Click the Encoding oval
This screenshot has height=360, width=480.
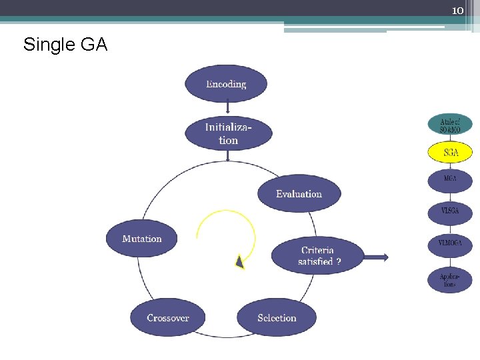[226, 84]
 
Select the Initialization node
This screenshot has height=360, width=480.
[228, 133]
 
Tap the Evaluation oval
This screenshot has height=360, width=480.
[299, 194]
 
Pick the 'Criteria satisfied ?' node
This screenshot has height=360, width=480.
[318, 256]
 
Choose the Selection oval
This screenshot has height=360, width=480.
[277, 318]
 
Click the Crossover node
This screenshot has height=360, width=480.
[167, 318]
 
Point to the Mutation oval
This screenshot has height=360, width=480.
[142, 239]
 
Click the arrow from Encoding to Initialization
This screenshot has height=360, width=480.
[227, 108]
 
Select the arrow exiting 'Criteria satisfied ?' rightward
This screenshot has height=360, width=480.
[377, 257]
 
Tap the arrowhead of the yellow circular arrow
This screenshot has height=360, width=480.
[239, 262]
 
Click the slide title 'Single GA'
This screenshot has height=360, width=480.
[65, 45]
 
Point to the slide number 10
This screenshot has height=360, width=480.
[457, 10]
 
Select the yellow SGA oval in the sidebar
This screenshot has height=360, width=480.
[450, 153]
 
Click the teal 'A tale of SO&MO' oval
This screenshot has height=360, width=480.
[450, 124]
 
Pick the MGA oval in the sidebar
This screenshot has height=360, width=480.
[450, 179]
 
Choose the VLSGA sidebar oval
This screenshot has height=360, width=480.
[450, 212]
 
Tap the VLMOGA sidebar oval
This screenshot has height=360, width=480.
[450, 244]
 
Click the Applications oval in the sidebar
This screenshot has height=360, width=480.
[450, 279]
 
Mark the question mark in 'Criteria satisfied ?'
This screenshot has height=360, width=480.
[339, 262]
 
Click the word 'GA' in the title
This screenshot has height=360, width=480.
[94, 45]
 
